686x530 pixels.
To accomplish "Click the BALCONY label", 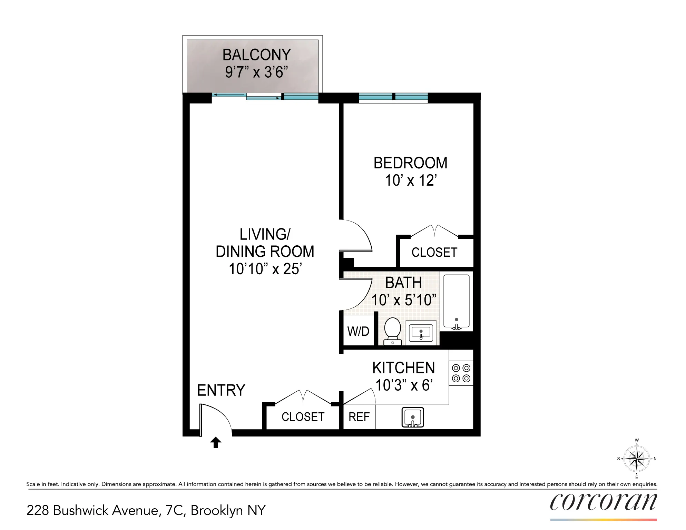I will (256, 55).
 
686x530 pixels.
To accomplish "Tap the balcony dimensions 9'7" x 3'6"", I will (256, 72).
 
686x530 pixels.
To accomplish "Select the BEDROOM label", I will (410, 163).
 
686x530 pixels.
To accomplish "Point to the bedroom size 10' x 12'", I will (410, 180).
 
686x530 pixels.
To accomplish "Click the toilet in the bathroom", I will (392, 331).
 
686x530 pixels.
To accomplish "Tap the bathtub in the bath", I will (456, 301).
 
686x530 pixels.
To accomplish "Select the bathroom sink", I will (421, 333).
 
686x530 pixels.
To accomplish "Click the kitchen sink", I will (413, 418).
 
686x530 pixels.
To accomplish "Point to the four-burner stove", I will (461, 373).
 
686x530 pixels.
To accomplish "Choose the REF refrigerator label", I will (359, 417).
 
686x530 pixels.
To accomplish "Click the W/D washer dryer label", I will (358, 331).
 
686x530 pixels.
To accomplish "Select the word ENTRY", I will (221, 390).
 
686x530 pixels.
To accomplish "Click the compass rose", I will (637, 459).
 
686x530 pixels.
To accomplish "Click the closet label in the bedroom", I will (434, 253).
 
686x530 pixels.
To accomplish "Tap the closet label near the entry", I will (303, 417).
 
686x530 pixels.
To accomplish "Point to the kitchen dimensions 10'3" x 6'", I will (404, 385).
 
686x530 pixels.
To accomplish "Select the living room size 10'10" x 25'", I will (265, 269).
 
